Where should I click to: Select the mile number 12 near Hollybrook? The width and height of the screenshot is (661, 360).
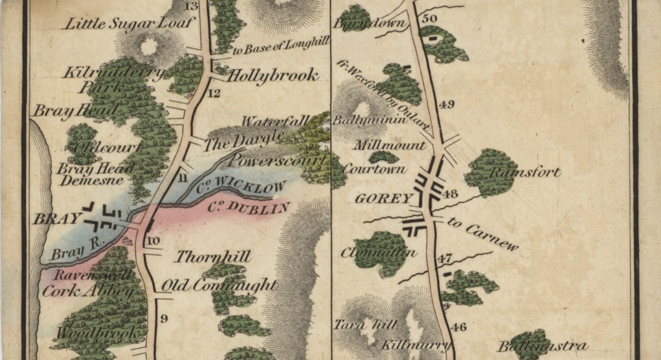(x=214, y=94)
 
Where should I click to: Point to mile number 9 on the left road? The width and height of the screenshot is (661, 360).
(x=163, y=318)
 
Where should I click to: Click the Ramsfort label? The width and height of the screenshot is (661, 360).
(x=525, y=173)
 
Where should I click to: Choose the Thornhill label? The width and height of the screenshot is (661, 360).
(x=214, y=257)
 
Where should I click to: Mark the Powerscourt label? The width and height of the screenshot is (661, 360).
(x=274, y=158)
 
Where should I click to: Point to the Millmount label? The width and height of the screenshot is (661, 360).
(x=390, y=145)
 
